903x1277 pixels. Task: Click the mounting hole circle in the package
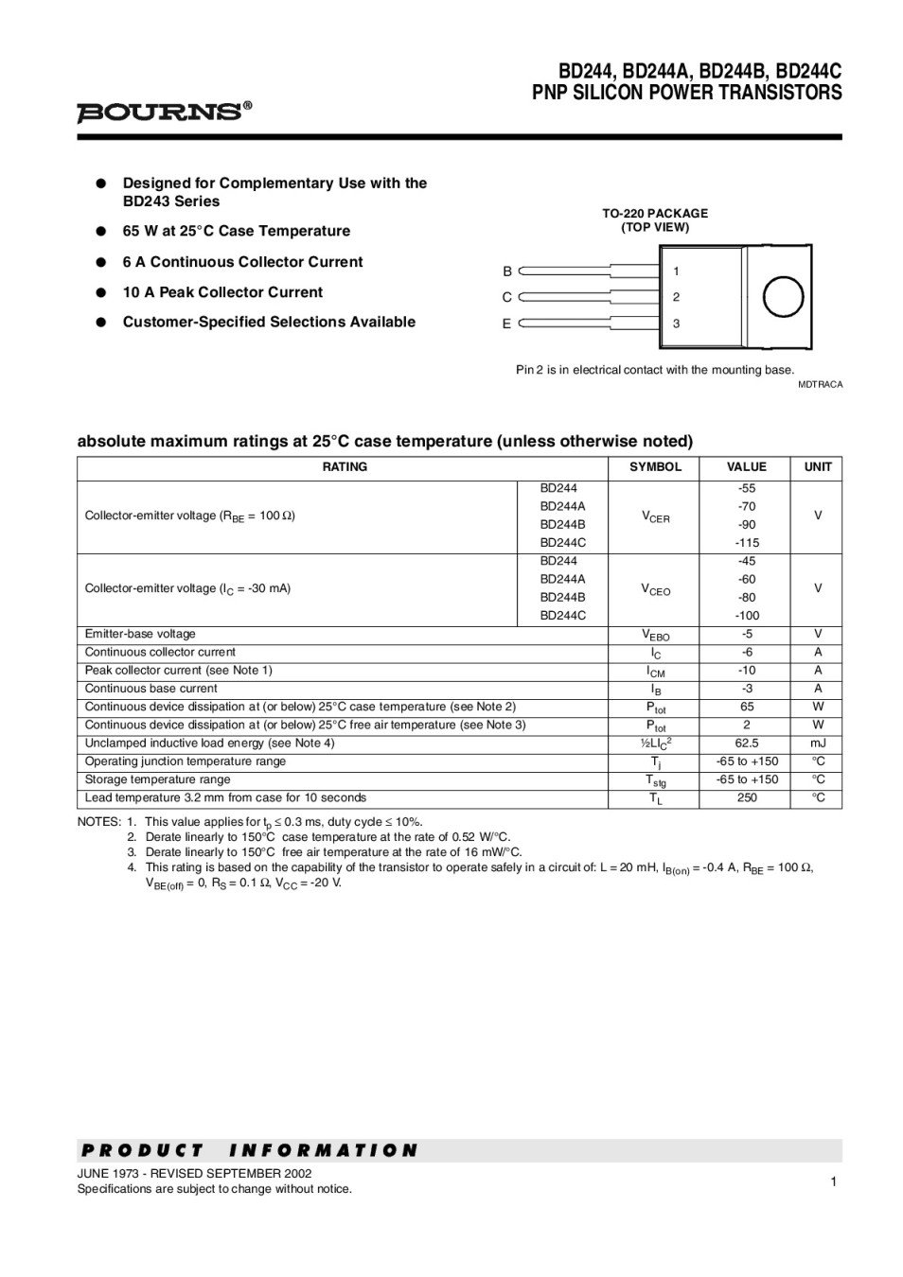point(782,297)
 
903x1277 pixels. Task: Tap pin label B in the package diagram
point(507,271)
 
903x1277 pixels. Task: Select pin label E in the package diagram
point(506,324)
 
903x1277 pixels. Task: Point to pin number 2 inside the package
point(676,297)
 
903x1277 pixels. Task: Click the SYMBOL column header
point(655,467)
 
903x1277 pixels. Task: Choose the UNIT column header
point(818,467)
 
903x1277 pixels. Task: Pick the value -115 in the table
point(747,543)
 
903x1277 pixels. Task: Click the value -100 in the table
point(747,616)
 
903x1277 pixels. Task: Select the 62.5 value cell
point(747,743)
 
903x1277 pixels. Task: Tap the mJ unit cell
point(818,743)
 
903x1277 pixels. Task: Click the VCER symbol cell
point(655,517)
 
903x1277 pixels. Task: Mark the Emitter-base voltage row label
point(140,634)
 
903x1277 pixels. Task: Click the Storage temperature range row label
point(157,779)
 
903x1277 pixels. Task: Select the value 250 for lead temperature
point(747,798)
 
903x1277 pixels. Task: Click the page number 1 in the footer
point(833,1181)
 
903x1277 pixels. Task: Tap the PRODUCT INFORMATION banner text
point(249,1150)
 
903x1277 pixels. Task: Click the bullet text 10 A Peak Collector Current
point(222,292)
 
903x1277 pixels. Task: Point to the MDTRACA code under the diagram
point(819,385)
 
